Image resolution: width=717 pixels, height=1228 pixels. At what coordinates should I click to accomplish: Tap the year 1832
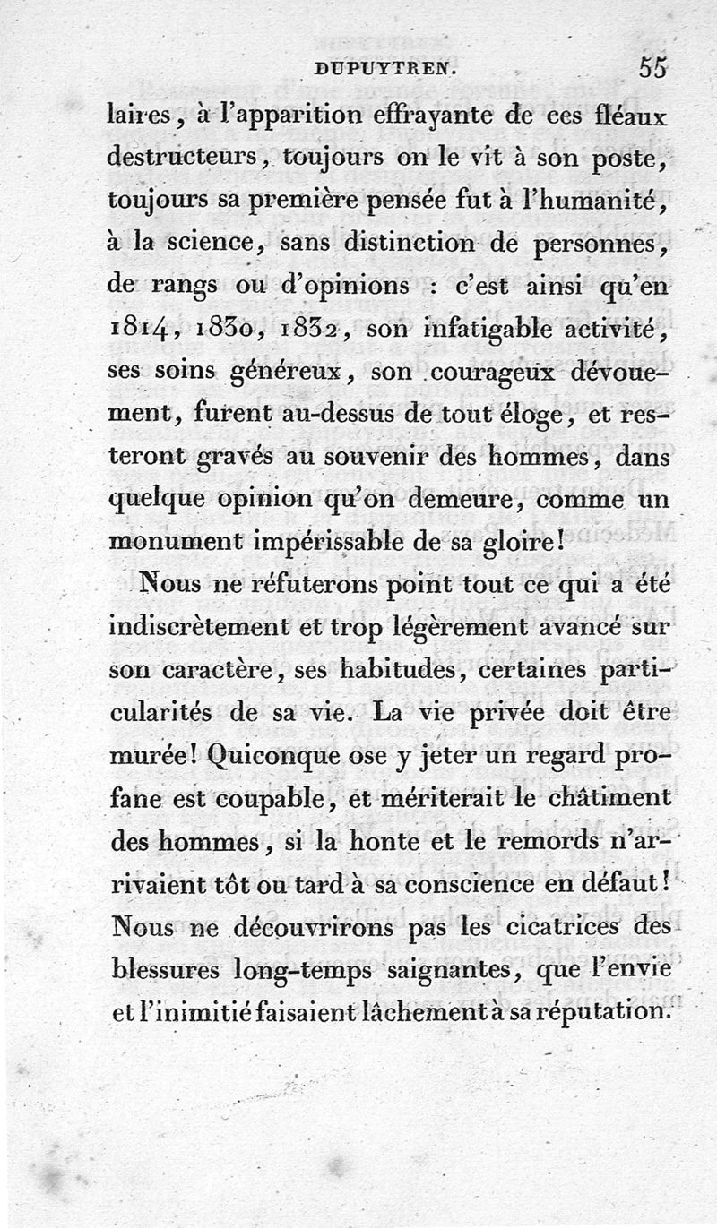coord(309,331)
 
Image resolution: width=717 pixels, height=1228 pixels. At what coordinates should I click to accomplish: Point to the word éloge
coord(533,416)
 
